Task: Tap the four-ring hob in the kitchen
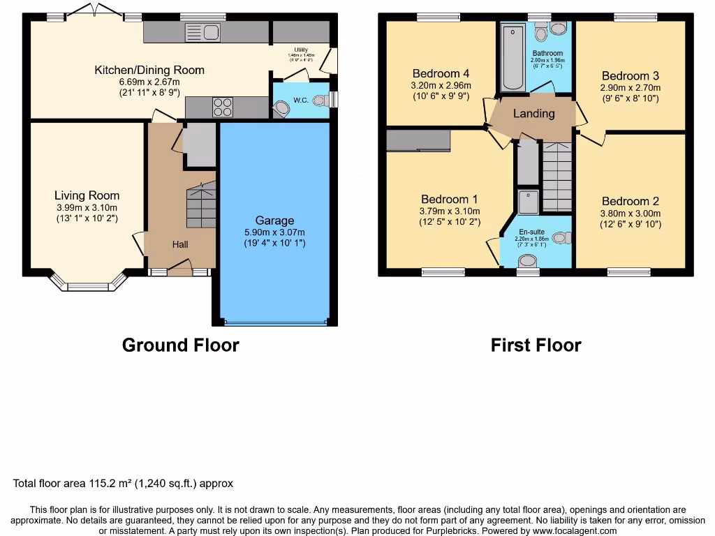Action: [223, 107]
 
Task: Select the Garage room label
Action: [274, 221]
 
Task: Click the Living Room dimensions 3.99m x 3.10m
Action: [87, 207]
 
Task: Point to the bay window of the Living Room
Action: [88, 282]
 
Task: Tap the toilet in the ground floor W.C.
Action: [320, 100]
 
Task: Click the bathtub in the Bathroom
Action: [513, 57]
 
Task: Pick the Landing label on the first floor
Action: [534, 114]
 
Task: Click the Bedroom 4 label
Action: [441, 74]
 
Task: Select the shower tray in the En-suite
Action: [529, 202]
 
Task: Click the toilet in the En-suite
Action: [561, 238]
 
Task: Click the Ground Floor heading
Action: [180, 345]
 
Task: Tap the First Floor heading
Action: [536, 345]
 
